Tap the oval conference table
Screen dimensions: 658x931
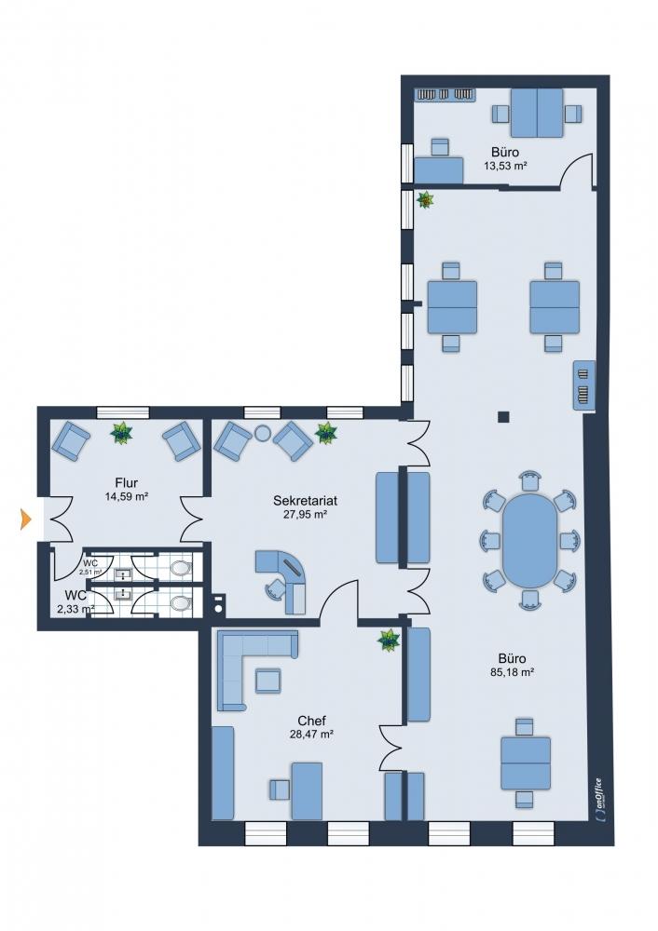coord(530,540)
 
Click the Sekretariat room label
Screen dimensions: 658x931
coord(305,500)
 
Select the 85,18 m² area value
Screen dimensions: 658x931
coord(512,672)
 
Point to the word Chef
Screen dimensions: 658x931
coord(311,721)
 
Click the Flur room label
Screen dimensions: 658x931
coord(126,482)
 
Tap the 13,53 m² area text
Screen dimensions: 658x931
coord(505,166)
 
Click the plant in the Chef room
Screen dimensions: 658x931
coord(389,641)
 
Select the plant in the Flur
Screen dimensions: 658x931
coord(121,432)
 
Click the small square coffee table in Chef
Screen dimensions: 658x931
coord(268,681)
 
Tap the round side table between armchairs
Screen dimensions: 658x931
coord(262,433)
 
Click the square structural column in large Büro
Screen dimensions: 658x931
coord(504,417)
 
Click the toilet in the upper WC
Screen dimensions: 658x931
coord(181,568)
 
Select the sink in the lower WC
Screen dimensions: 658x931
coord(122,594)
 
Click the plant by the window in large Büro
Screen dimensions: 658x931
coord(426,201)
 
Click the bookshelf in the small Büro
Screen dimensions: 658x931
coord(445,94)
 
